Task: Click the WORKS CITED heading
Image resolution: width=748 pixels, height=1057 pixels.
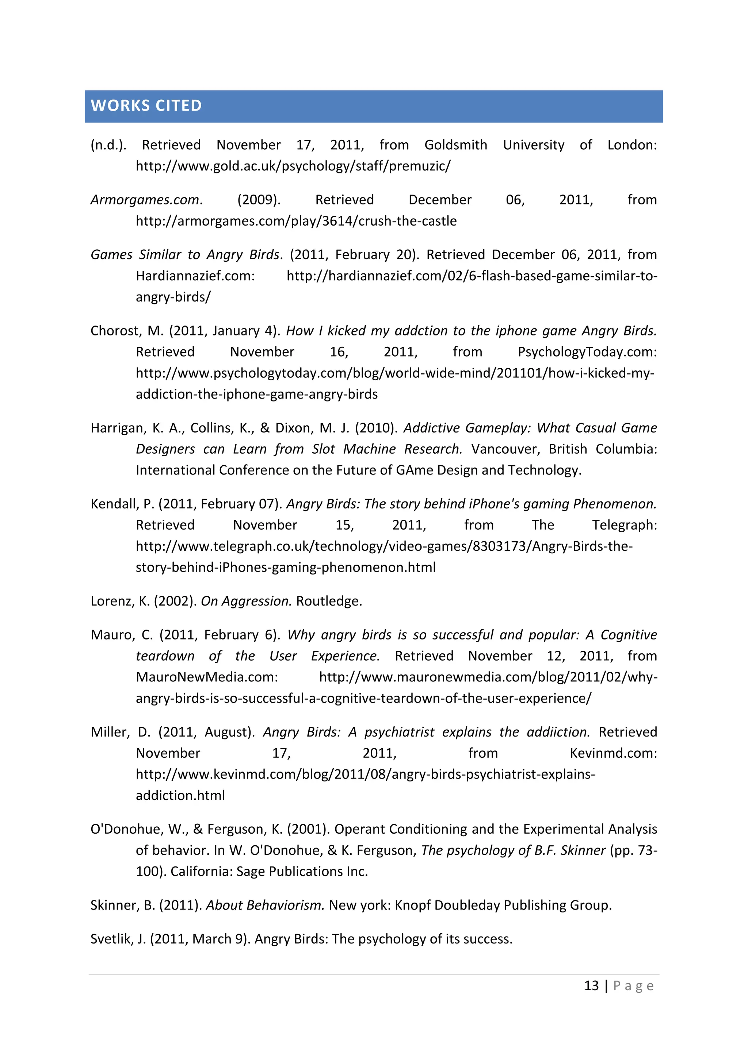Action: pos(146,105)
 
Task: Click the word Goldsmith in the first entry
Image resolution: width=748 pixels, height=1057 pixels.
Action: pos(455,145)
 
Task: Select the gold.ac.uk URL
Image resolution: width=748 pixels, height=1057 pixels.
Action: pos(293,166)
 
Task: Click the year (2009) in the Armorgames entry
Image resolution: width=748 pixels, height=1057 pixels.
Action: pos(258,200)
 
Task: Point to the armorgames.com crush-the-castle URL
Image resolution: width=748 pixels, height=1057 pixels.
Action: pos(296,221)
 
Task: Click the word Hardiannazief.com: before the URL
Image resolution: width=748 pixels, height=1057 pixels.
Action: pos(195,276)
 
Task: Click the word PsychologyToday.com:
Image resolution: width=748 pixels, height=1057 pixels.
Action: pos(587,352)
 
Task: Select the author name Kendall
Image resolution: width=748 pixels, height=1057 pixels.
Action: pos(115,504)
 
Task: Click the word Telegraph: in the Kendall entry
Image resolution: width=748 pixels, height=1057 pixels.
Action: pos(624,525)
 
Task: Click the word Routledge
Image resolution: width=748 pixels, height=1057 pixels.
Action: pos(328,601)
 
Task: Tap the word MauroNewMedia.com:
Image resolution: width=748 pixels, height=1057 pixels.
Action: pos(207,677)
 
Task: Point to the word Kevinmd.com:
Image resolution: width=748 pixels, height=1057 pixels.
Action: pos(613,753)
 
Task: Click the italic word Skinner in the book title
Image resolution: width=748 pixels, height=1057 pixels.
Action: pos(582,850)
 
